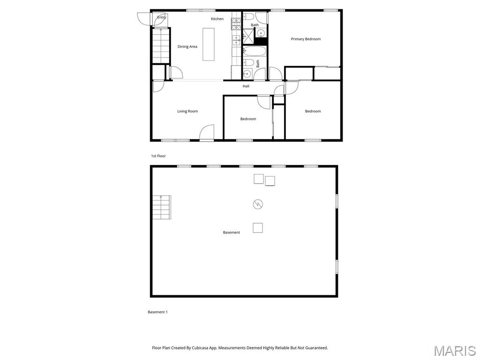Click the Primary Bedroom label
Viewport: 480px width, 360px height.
[x=306, y=39]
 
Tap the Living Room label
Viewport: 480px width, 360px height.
[x=187, y=111]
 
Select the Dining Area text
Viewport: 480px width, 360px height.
[x=187, y=46]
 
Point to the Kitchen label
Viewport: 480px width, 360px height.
[x=217, y=19]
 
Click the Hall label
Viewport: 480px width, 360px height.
[x=246, y=86]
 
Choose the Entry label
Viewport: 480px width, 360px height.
[x=161, y=17]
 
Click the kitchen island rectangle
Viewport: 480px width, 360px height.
[x=209, y=44]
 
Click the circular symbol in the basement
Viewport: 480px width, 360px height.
[x=258, y=204]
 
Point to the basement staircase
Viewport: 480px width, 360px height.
[x=161, y=207]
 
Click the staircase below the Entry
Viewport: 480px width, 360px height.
[x=161, y=45]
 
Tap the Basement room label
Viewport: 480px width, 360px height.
[x=231, y=232]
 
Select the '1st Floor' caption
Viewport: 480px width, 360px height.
[x=158, y=156]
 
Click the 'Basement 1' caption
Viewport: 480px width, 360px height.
[x=157, y=312]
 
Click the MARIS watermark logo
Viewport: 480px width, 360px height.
[x=454, y=351]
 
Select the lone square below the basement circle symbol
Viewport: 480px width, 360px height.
[x=258, y=228]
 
